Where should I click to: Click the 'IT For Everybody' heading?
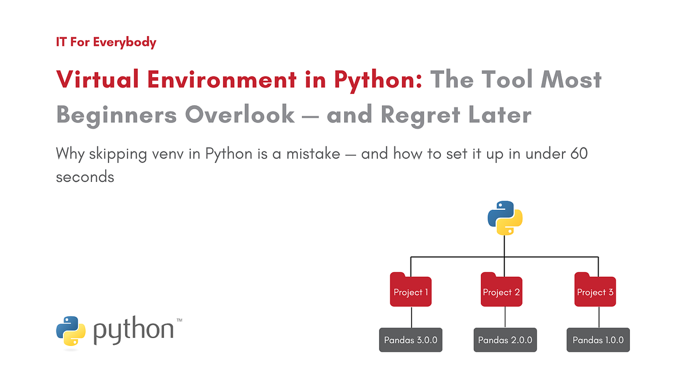coord(106,42)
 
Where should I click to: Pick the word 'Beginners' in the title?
coord(117,115)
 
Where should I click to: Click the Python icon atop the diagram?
coord(505,218)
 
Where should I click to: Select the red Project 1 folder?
coord(411,290)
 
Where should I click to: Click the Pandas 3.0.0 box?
coord(411,340)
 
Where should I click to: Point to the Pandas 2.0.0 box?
coord(505,340)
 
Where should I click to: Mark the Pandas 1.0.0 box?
coord(598,340)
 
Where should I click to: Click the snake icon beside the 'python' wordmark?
coord(71,331)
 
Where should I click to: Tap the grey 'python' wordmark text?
coord(134,331)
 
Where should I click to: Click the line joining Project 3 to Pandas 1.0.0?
coord(598,317)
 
